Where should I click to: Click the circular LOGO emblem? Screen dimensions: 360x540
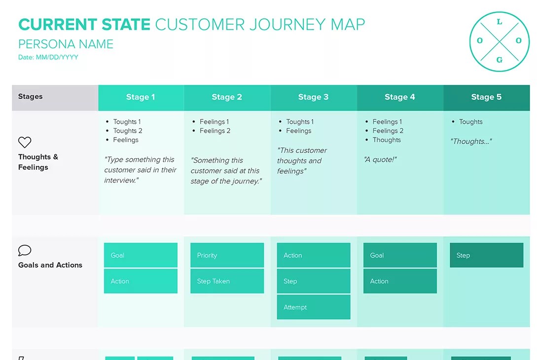[x=499, y=41]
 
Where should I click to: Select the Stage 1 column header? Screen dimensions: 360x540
[x=141, y=97]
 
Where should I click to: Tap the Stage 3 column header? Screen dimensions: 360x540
[x=313, y=97]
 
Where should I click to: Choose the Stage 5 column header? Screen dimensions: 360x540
[x=486, y=97]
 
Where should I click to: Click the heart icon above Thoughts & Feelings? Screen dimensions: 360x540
[x=25, y=143]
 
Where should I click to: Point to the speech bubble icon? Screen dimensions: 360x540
[x=25, y=251]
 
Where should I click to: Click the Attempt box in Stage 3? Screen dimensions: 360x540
[x=314, y=307]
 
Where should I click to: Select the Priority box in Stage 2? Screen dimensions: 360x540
[x=227, y=255]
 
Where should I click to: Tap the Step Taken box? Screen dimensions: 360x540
[x=227, y=281]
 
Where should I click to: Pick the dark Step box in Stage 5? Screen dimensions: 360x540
[x=486, y=255]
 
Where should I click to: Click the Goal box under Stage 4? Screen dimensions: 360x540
[x=400, y=255]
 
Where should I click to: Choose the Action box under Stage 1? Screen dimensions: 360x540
[x=141, y=281]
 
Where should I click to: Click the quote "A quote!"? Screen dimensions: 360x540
[x=380, y=159]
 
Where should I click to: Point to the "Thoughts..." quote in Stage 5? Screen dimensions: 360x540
[x=471, y=142]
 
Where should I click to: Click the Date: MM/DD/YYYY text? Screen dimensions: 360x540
[x=48, y=57]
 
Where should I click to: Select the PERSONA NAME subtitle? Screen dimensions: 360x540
[x=66, y=44]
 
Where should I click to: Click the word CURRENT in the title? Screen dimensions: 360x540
[x=52, y=24]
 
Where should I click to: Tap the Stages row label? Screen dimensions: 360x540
[x=31, y=97]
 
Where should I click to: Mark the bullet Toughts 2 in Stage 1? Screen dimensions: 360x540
[x=127, y=131]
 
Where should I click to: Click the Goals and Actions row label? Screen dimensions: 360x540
[x=50, y=265]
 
